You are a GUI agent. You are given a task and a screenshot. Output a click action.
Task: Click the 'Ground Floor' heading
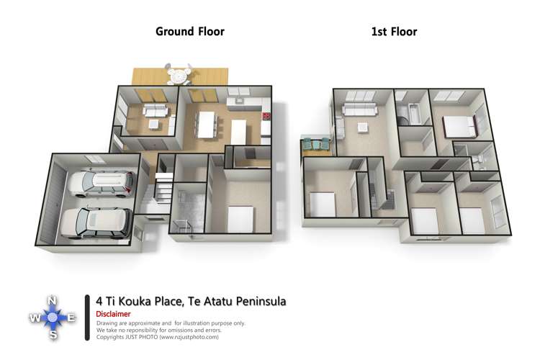190,32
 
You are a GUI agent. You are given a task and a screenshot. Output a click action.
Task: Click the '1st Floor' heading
394,32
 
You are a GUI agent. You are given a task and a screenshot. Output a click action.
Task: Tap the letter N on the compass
53,301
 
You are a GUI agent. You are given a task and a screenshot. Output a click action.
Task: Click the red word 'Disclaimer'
113,314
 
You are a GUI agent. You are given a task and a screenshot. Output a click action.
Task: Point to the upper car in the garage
101,183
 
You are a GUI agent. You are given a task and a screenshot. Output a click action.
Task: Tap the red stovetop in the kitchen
266,116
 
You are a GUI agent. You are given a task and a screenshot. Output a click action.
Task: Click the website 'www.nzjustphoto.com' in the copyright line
179,337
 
